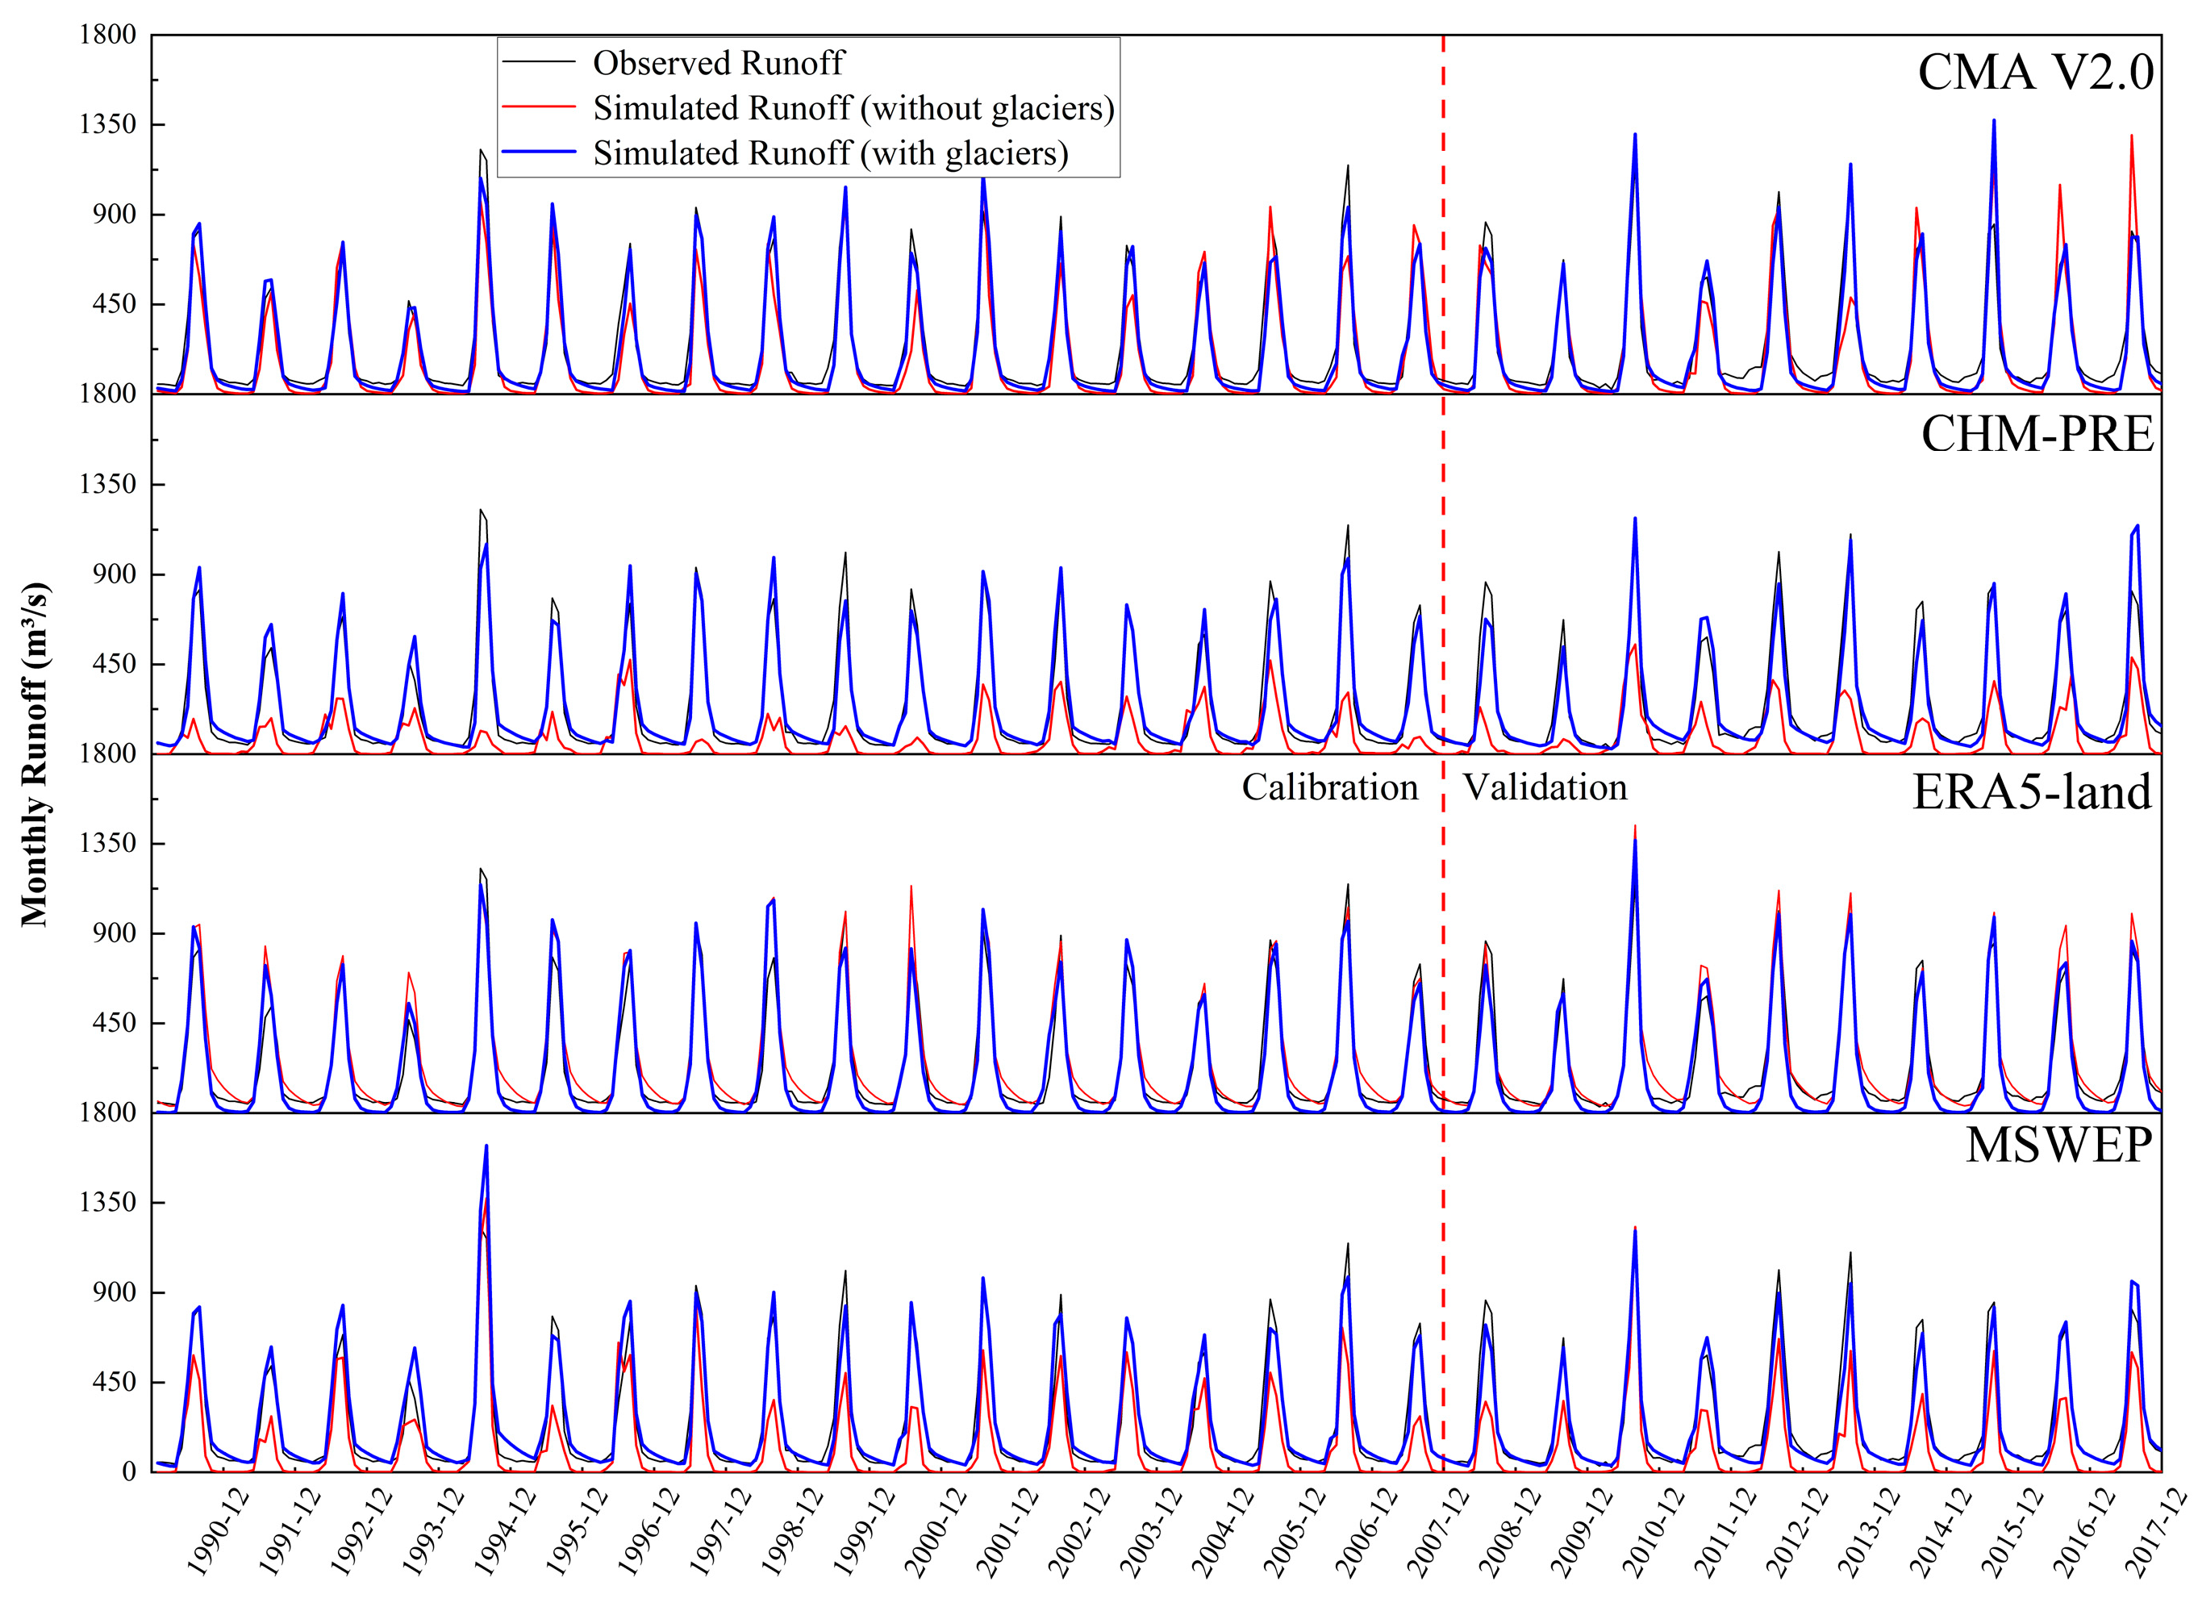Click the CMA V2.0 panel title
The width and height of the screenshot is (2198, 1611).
point(2034,72)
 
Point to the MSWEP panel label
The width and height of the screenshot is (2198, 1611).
point(2058,1145)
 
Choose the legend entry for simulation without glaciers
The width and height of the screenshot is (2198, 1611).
point(853,108)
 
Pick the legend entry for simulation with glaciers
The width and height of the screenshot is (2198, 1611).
point(830,153)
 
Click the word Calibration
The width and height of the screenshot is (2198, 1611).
point(1329,787)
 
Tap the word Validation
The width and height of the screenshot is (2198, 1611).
point(1545,787)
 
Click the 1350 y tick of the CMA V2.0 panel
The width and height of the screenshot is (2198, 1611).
point(108,125)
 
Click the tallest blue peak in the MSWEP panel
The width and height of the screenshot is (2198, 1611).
point(486,1147)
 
